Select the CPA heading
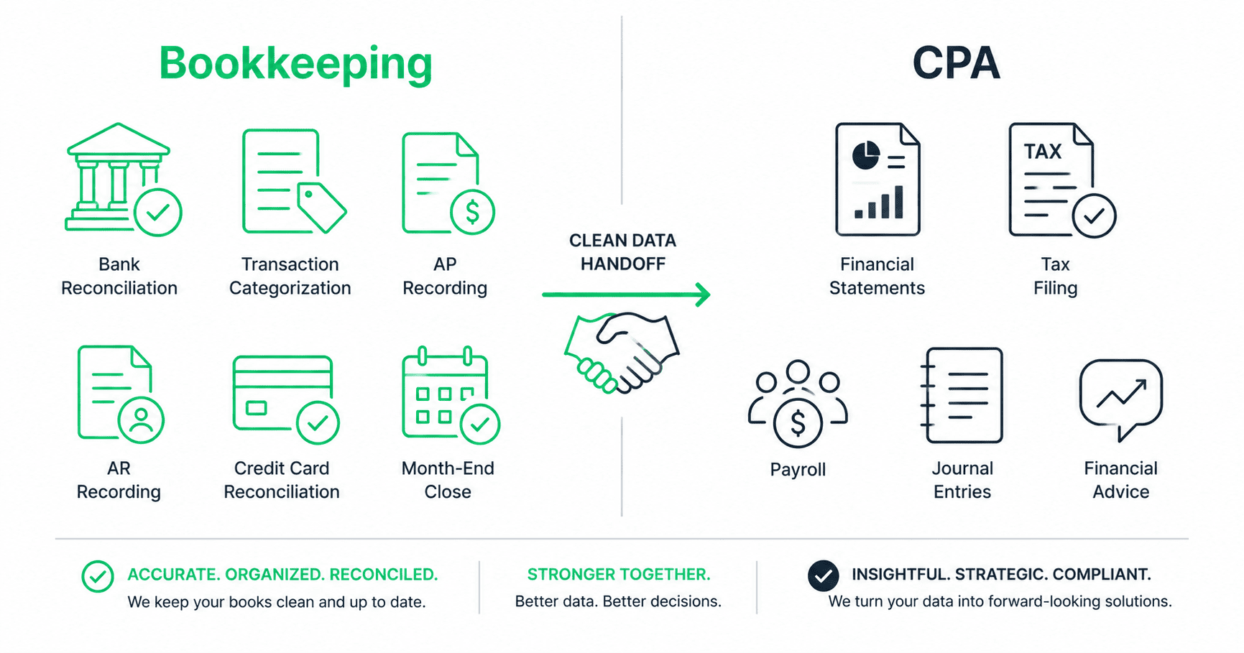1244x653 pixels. [956, 63]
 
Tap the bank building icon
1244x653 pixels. [119, 176]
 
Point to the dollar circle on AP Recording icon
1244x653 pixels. [472, 212]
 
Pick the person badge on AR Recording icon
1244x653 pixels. [141, 420]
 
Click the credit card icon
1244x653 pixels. [283, 394]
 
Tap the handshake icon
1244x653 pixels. [622, 352]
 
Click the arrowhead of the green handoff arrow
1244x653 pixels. [703, 294]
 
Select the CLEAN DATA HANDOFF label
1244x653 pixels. [622, 252]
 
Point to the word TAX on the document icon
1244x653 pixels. [1043, 152]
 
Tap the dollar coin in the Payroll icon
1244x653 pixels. [798, 423]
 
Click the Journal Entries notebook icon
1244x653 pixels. [961, 395]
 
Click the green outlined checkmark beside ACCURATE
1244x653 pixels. [98, 576]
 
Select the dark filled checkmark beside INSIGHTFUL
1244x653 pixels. [823, 575]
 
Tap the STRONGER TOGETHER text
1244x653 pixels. [619, 575]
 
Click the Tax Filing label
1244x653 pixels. [1055, 276]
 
